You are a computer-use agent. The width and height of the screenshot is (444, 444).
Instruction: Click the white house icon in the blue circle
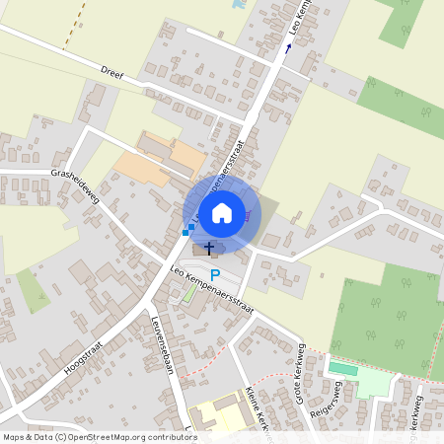(x=222, y=212)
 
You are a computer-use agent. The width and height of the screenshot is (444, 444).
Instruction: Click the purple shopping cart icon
(x=250, y=215)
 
